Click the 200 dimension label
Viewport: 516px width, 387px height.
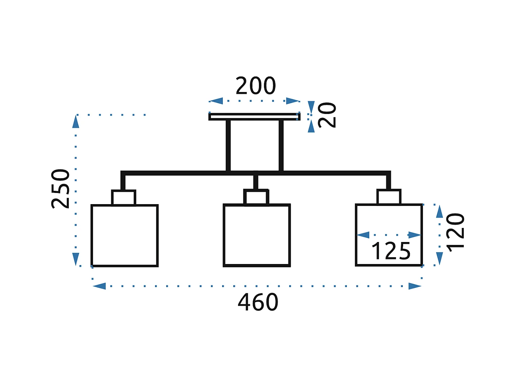point(256,86)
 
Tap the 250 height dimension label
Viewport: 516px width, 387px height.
point(61,189)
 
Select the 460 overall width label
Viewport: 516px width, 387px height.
point(258,302)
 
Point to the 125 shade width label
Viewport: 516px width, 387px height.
point(391,251)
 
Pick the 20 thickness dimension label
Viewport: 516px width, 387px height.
point(327,115)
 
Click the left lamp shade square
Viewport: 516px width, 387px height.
point(124,236)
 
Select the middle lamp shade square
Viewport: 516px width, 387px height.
point(257,236)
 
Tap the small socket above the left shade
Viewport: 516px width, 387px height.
point(124,198)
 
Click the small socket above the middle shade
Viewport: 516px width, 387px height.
point(256,197)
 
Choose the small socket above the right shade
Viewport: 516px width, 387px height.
point(389,197)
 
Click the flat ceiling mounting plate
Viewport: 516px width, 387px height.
point(254,116)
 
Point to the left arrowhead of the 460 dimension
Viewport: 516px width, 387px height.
point(99,286)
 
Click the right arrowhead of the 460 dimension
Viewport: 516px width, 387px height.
point(415,286)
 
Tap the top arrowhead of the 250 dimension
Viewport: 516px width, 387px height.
point(76,122)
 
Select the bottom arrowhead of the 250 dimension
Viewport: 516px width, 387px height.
point(76,259)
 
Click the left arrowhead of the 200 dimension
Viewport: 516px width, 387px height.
point(216,101)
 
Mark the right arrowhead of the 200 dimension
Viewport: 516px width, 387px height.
point(293,101)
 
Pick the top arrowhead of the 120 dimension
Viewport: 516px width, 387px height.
point(439,211)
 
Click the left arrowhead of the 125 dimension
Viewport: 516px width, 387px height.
point(363,235)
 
